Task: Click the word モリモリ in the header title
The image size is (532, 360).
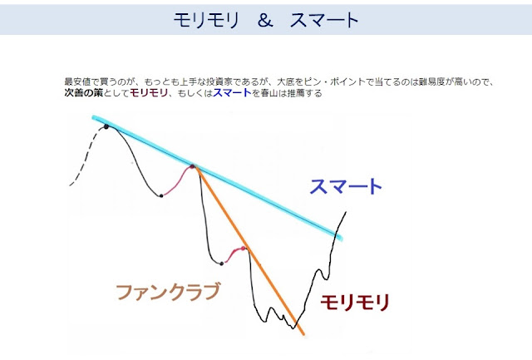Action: [x=206, y=20]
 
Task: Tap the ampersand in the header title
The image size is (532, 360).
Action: [x=265, y=20]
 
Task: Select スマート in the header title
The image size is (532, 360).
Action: [x=324, y=20]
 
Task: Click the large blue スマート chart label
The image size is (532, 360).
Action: [x=346, y=186]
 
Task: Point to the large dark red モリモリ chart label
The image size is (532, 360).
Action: [x=355, y=303]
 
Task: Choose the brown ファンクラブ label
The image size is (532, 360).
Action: [x=168, y=292]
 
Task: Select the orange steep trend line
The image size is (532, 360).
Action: [x=249, y=250]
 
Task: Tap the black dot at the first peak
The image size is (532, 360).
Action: [x=106, y=127]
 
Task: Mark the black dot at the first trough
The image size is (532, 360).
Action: [x=161, y=195]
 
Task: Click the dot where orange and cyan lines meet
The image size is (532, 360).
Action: [x=192, y=166]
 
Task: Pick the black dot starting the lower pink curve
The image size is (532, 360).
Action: [x=222, y=264]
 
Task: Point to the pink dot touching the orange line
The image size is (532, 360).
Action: [x=243, y=249]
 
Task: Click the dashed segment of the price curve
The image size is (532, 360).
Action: [x=86, y=157]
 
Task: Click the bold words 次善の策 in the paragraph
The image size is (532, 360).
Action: [x=83, y=93]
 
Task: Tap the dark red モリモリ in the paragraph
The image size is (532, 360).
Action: [x=149, y=93]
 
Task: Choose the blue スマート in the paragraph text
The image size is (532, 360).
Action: [x=232, y=93]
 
